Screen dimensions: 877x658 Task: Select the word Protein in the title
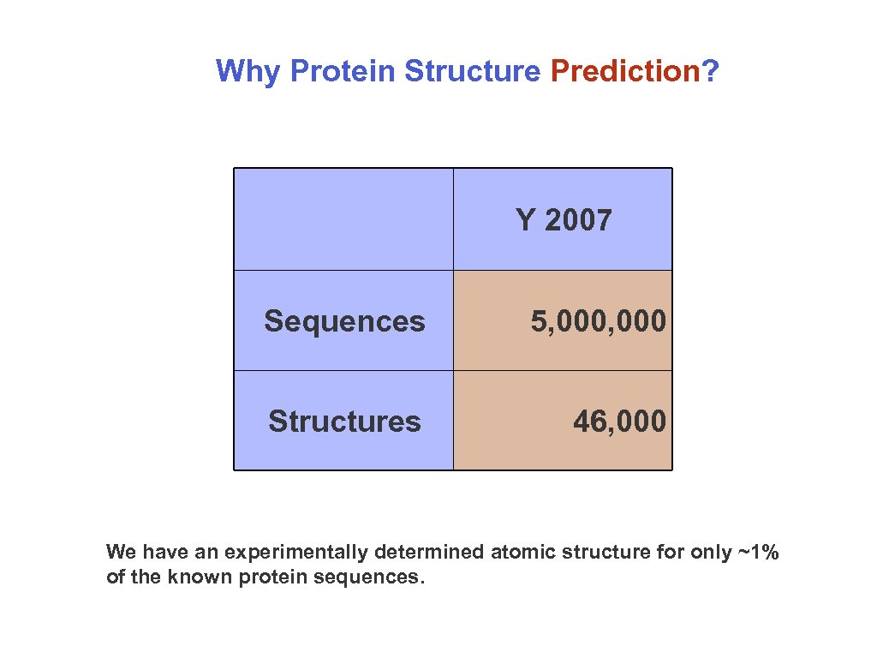point(343,71)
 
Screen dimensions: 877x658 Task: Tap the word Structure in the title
point(472,71)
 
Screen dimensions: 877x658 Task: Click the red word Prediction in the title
point(625,71)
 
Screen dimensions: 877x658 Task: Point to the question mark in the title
point(710,71)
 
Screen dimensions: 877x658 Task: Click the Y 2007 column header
point(564,219)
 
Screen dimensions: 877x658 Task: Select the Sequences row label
point(344,322)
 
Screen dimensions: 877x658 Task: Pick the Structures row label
point(344,422)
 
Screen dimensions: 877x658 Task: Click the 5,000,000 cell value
point(599,322)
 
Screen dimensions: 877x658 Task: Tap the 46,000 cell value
point(620,422)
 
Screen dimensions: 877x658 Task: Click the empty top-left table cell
point(343,219)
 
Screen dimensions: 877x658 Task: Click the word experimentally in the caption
point(295,553)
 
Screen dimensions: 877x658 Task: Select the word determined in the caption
point(429,552)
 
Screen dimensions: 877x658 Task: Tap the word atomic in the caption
point(523,552)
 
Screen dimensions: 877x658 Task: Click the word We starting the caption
point(121,552)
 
